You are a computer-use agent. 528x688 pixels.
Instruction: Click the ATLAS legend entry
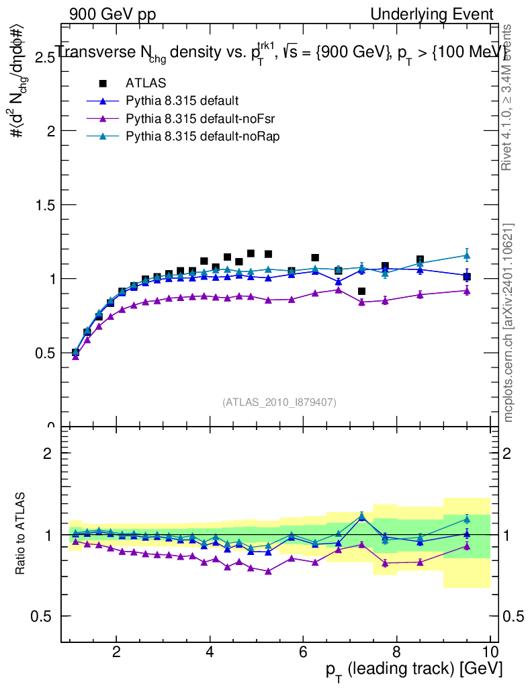(146, 83)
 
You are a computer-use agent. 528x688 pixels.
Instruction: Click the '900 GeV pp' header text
(112, 14)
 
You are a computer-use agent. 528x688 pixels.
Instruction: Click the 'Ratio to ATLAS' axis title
(21, 534)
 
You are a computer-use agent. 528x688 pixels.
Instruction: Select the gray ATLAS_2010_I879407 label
(279, 402)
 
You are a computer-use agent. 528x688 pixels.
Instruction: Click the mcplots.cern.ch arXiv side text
(509, 322)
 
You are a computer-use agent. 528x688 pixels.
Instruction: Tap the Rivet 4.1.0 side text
(509, 97)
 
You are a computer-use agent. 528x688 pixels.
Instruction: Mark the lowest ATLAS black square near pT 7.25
(361, 291)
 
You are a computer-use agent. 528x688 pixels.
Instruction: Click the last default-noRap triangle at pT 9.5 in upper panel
(467, 255)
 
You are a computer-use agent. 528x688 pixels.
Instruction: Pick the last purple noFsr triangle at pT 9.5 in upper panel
(467, 290)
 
